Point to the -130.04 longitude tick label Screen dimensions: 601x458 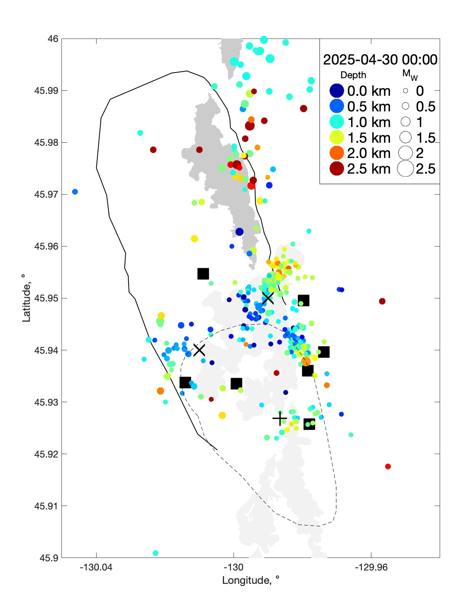pyautogui.click(x=96, y=567)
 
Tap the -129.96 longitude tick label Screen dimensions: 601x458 pyautogui.click(x=371, y=567)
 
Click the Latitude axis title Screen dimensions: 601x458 pyautogui.click(x=26, y=298)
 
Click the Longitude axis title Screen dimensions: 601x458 pyautogui.click(x=251, y=580)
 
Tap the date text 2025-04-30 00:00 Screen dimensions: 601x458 pyautogui.click(x=380, y=60)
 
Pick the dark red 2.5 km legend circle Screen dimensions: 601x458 pyautogui.click(x=337, y=169)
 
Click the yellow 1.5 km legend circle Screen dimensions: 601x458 pyautogui.click(x=337, y=138)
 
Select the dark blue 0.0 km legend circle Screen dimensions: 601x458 pyautogui.click(x=337, y=91)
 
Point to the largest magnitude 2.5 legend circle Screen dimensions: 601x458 pyautogui.click(x=405, y=169)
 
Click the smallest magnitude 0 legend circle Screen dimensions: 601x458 pyautogui.click(x=405, y=91)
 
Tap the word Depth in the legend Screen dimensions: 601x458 pyautogui.click(x=353, y=75)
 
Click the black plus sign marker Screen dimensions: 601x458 pyautogui.click(x=280, y=419)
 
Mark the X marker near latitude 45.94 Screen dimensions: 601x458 pyautogui.click(x=199, y=350)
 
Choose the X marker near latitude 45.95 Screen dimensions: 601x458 pyautogui.click(x=268, y=298)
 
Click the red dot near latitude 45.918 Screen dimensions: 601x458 pyautogui.click(x=388, y=466)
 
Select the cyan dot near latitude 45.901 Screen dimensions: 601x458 pyautogui.click(x=155, y=553)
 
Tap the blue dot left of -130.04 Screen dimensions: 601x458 pyautogui.click(x=75, y=192)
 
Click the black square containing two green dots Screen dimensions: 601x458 pyautogui.click(x=309, y=424)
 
